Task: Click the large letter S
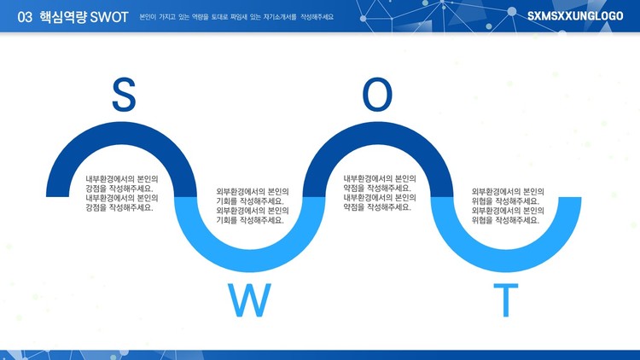124,95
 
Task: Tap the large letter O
377,95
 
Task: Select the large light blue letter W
249,300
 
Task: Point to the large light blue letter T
506,300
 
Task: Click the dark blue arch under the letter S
122,133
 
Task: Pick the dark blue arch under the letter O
378,133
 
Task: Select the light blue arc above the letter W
250,260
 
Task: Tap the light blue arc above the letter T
506,260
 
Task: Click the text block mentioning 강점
122,194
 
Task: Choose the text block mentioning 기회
253,206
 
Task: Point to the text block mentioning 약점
380,193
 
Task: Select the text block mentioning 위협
508,206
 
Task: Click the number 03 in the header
25,17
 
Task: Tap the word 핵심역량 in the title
62,17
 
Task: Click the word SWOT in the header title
109,17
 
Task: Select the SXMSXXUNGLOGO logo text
575,16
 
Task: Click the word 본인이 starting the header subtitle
148,17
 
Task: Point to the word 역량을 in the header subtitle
200,17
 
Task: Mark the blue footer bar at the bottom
320,355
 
